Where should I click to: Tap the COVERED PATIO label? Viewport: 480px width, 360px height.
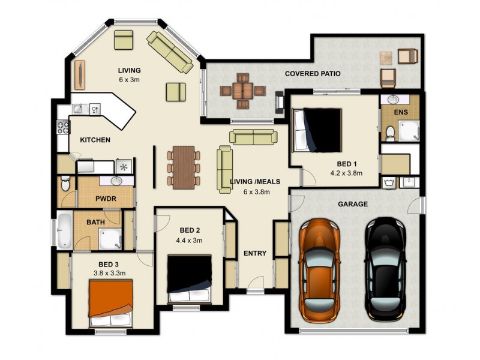313,74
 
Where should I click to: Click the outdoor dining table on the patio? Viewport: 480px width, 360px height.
242,91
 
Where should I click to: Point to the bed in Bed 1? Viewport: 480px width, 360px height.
317,130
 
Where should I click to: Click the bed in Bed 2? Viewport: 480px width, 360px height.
190,278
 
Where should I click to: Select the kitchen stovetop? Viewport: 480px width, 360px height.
62,127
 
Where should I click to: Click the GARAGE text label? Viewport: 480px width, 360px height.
353,204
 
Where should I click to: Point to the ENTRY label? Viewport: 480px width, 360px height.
255,253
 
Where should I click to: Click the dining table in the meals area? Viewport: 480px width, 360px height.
184,167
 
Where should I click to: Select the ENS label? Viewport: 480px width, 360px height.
400,112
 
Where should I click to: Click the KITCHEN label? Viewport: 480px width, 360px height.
95,140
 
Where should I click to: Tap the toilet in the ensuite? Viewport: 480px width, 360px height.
390,132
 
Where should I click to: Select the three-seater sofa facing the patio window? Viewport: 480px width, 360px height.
253,137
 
